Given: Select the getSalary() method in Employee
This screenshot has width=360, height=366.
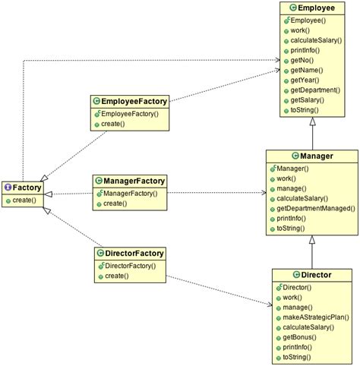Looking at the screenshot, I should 307,100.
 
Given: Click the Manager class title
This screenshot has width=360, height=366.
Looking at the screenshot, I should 315,156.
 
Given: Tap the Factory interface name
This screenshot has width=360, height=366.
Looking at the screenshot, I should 27,187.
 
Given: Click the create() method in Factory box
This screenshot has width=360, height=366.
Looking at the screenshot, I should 24,200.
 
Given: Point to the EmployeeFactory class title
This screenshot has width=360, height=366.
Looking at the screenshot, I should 134,100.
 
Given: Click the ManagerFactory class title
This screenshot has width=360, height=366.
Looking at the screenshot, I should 134,181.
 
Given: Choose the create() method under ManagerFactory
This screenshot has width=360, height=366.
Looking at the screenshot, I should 115,204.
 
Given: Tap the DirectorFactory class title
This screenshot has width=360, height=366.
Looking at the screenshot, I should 134,253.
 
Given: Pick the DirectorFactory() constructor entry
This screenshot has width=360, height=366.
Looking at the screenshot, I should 131,266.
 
